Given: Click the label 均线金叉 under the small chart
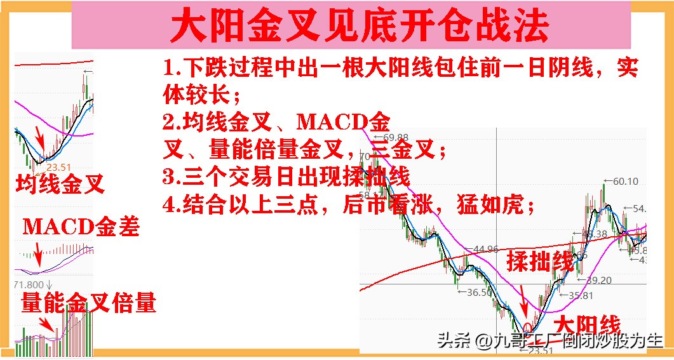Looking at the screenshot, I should click(60, 185).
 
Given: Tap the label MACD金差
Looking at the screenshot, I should click(81, 227).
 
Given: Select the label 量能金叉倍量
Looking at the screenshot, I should click(88, 303).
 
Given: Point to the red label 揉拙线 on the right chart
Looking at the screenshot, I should click(539, 260).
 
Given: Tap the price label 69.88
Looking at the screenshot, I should click(393, 137).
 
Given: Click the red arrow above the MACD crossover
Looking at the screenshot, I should click(38, 258).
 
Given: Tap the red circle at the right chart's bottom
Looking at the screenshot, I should click(527, 327).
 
